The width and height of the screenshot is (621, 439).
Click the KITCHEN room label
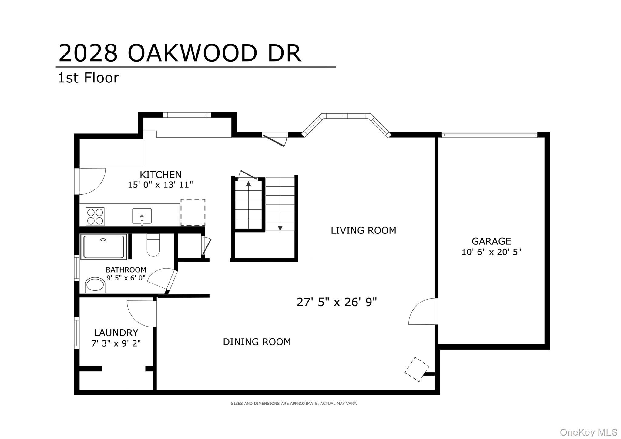coord(160,175)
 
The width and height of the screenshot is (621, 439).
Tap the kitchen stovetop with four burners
coord(95,216)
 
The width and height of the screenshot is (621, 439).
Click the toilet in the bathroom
coord(153,245)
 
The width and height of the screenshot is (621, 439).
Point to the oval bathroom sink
coord(95,285)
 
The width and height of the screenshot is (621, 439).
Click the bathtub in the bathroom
coord(104,246)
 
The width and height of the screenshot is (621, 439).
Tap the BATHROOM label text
coord(126,270)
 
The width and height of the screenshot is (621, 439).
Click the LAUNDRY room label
coord(116,333)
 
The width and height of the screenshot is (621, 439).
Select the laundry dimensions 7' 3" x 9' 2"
coord(116,343)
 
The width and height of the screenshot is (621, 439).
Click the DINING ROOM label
coord(257,342)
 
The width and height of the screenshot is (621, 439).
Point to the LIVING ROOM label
coord(363,230)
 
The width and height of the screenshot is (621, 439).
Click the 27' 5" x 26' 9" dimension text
coord(337,302)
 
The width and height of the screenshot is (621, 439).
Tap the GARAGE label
coord(491,241)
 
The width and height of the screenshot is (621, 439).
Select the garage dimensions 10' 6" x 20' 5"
coord(491,252)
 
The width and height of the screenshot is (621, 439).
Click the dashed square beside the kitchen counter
coord(193,212)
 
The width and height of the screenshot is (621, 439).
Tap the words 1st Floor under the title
coord(88,78)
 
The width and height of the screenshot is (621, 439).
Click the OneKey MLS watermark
coord(589,432)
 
